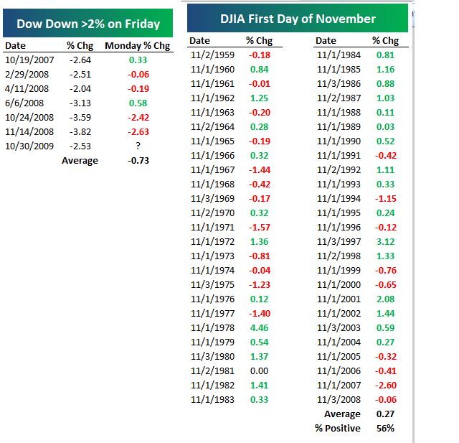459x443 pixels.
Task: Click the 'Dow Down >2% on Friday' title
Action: tap(87, 24)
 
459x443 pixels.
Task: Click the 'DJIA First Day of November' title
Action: tap(297, 19)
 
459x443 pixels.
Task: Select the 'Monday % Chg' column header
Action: tap(138, 45)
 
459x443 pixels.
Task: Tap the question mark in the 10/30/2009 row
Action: tap(138, 146)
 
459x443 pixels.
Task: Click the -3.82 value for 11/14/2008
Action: tap(80, 132)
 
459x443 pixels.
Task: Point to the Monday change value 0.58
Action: tap(138, 103)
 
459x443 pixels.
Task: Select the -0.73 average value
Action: tap(138, 161)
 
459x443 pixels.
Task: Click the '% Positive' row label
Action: tap(337, 428)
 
